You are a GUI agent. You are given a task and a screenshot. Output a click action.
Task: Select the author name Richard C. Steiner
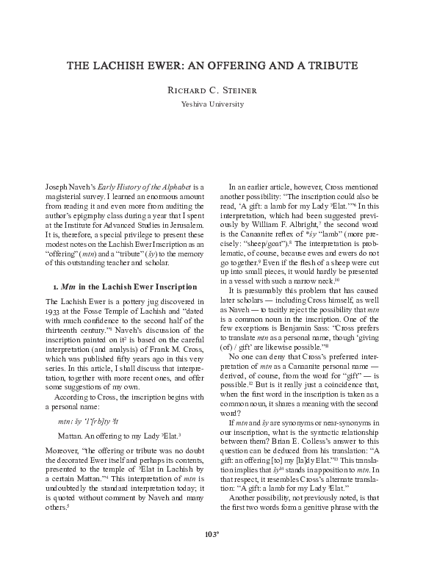(218, 91)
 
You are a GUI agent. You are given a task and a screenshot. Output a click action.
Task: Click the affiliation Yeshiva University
(218, 104)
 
